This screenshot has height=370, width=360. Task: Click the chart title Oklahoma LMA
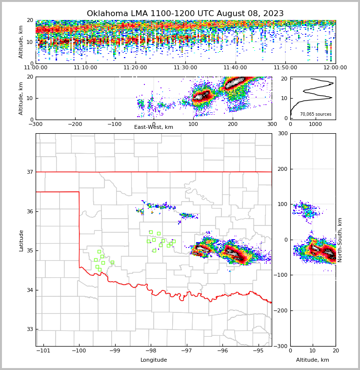[185, 14]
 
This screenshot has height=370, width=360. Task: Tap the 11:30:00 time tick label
[185, 68]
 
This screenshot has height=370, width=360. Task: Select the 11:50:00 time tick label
[285, 68]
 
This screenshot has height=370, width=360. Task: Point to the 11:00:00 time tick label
[36, 68]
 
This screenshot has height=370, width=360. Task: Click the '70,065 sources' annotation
[316, 114]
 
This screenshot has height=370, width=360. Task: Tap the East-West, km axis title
[154, 127]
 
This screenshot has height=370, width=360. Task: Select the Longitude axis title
[154, 360]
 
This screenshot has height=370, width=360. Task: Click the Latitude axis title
[21, 240]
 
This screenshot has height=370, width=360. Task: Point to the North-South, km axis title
[340, 240]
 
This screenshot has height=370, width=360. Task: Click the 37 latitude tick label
[29, 172]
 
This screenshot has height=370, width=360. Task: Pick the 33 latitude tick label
[29, 329]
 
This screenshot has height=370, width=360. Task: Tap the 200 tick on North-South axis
[282, 169]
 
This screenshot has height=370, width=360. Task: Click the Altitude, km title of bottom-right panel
[313, 360]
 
